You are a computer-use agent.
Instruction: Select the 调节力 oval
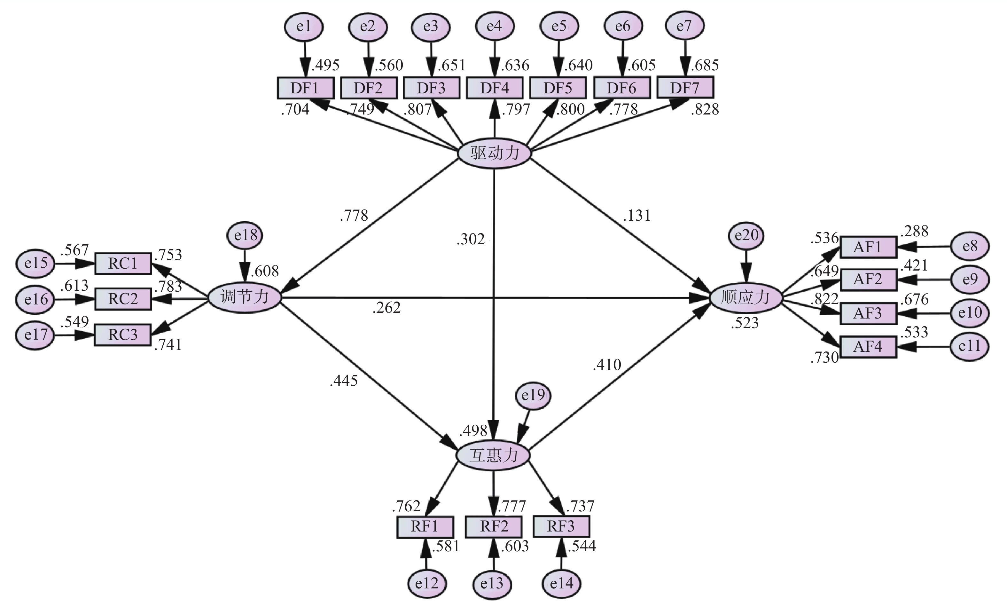[245, 297]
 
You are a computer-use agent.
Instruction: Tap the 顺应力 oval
[746, 298]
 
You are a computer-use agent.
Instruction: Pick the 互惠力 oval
[493, 455]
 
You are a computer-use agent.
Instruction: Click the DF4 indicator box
[494, 88]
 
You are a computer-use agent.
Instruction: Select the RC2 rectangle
[123, 299]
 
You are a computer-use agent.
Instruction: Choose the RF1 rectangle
[425, 526]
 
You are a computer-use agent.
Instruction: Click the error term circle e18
[245, 236]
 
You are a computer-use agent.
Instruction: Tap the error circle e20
[746, 236]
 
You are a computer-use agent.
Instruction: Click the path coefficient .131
[637, 215]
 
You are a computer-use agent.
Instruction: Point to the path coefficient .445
[344, 381]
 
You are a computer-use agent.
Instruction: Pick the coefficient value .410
[607, 364]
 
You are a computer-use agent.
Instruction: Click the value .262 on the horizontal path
[386, 308]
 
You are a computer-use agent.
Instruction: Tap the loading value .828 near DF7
[705, 109]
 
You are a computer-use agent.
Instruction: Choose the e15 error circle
[35, 263]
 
